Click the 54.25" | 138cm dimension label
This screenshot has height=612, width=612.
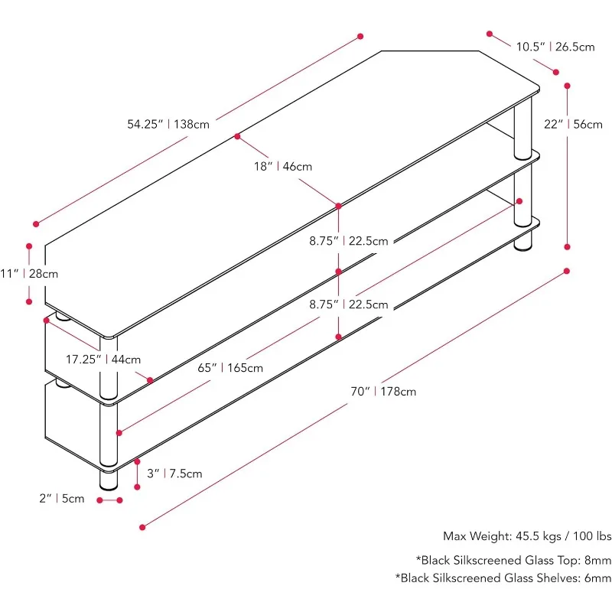[168, 124]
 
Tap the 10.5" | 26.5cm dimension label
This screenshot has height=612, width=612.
[555, 47]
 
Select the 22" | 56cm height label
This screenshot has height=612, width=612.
[573, 124]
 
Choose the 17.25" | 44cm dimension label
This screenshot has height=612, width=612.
[103, 359]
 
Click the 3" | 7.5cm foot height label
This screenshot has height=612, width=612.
[174, 474]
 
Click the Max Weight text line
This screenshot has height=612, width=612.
[527, 536]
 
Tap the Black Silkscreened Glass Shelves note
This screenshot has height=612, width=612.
[503, 578]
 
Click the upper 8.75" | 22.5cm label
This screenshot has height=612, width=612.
[348, 241]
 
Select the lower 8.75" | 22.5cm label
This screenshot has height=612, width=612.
[348, 304]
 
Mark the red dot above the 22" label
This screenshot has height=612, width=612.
[568, 86]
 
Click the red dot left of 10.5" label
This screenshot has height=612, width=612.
[489, 34]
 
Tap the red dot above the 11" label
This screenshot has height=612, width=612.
[29, 246]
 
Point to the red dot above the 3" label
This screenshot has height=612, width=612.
[136, 461]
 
